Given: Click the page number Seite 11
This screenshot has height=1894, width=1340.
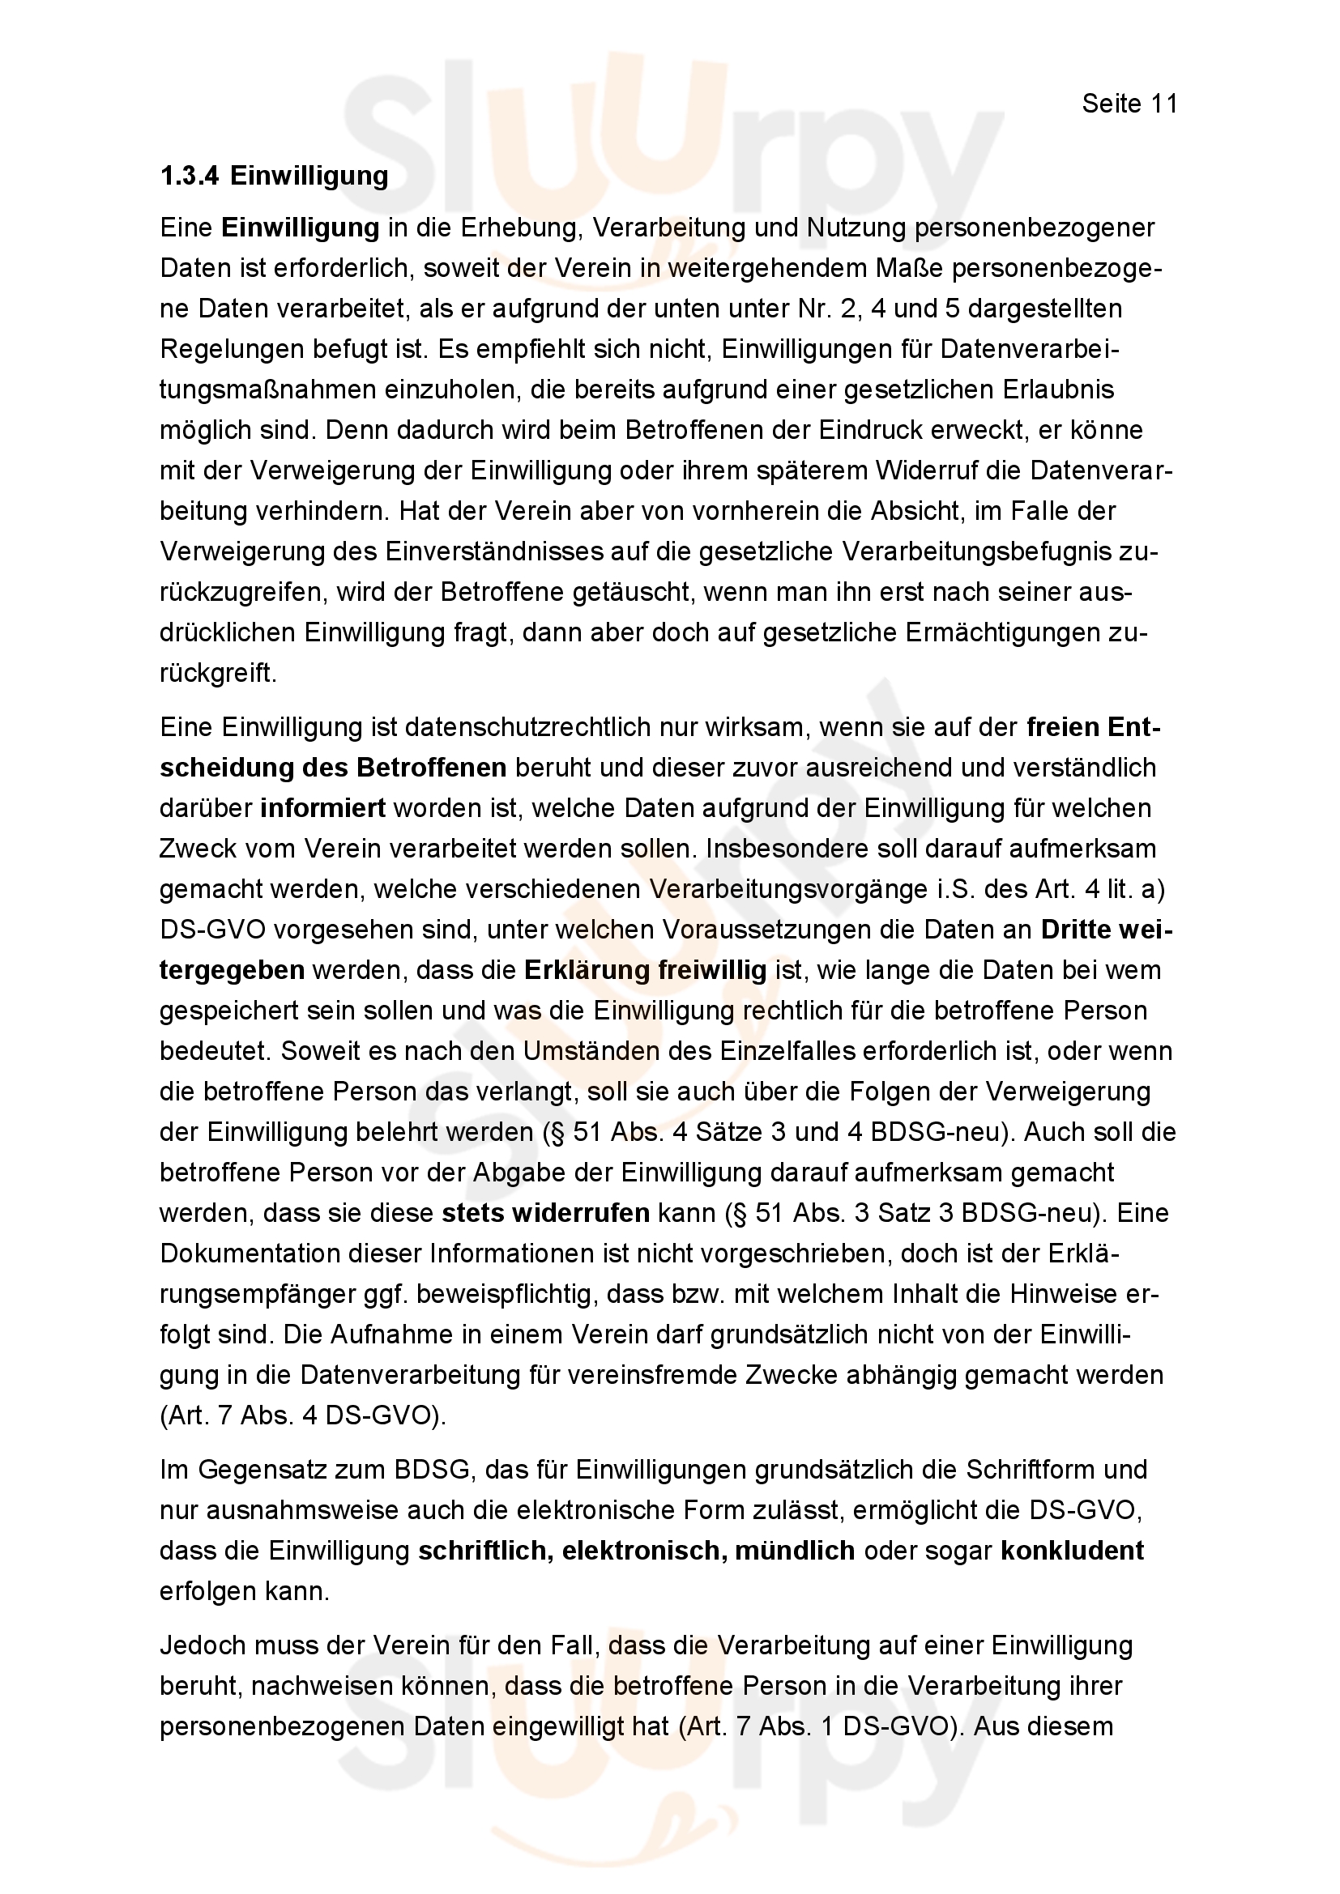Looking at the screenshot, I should click(1129, 104).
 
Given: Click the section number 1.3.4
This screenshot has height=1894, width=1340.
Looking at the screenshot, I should click(189, 177).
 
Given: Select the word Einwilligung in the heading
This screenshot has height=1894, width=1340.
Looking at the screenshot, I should click(309, 177).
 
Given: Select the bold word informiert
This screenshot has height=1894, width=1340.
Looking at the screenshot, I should click(322, 807).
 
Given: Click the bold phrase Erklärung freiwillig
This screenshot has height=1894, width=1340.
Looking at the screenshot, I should click(645, 970).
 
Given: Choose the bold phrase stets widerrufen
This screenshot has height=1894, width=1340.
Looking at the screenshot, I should click(545, 1213).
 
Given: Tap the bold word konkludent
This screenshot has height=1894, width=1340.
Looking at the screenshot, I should click(1072, 1550).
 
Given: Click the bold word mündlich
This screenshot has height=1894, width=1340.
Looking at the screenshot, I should click(795, 1550).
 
